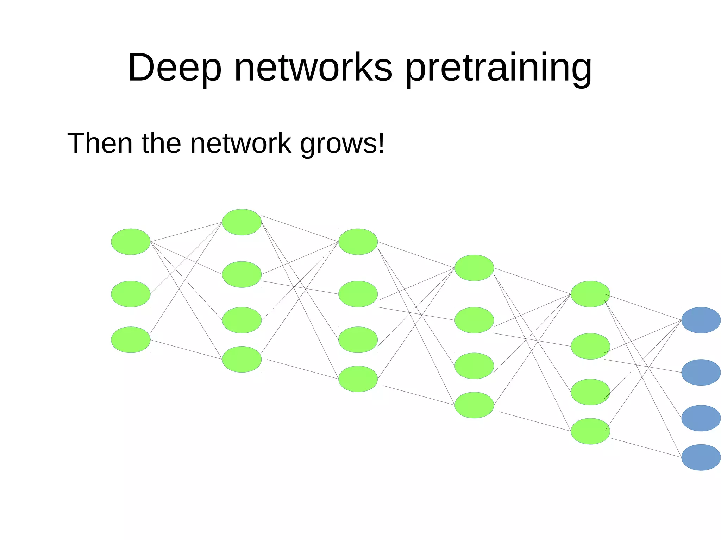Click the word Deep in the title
[x=174, y=68]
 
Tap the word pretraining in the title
[x=499, y=68]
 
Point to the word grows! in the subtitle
[x=342, y=144]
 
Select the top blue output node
[x=701, y=320]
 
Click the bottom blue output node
[x=701, y=457]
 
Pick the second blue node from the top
[x=701, y=372]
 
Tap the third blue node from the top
[x=701, y=418]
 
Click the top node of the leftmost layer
[x=131, y=242]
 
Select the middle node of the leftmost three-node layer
[x=131, y=294]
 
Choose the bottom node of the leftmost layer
[x=131, y=339]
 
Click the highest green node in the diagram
[x=242, y=222]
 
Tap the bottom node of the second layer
[x=242, y=359]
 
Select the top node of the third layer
[x=358, y=242]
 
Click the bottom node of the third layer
[x=358, y=379]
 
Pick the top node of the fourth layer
[x=474, y=268]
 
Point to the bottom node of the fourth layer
[x=474, y=405]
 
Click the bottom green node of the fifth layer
[x=590, y=431]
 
